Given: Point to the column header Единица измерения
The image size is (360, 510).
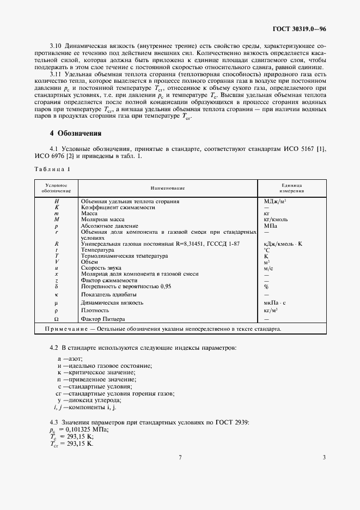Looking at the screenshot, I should coord(291,188).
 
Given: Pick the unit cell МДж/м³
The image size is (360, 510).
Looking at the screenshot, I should coord(274,201).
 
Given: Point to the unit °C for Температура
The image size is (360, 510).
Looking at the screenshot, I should coord(267,250).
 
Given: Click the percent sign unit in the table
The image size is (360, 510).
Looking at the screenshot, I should coord(266,286).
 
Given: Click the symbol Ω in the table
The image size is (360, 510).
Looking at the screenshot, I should coord(56,319).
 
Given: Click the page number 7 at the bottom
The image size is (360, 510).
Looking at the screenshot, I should coord(180,457).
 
